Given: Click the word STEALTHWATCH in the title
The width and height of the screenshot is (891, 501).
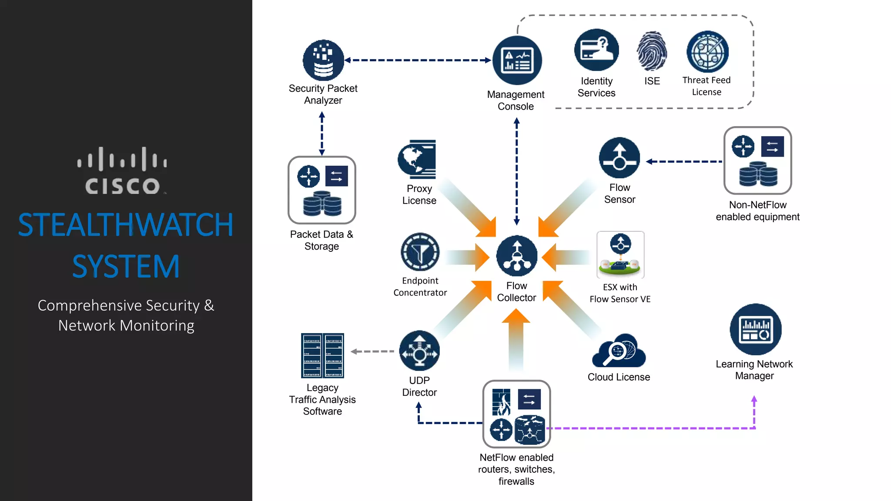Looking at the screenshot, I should [x=126, y=225].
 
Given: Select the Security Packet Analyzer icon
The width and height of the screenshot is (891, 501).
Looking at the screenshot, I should [x=323, y=60].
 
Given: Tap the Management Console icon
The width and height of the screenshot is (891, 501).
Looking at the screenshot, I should [x=517, y=60].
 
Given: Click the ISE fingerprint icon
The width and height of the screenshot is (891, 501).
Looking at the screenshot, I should [x=652, y=51].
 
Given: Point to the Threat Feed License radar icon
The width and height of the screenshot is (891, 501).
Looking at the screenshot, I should [x=707, y=51].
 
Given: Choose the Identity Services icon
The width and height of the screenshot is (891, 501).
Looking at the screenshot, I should [x=596, y=50].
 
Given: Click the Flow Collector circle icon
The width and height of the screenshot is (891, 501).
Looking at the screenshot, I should [x=517, y=256].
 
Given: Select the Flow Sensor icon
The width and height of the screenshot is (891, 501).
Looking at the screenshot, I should [x=620, y=158].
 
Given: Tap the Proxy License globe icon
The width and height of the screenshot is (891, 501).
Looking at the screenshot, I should [x=417, y=159].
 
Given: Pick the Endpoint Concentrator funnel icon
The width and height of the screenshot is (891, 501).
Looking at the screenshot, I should [x=420, y=252].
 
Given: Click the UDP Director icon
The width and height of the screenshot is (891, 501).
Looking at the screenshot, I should [x=419, y=351].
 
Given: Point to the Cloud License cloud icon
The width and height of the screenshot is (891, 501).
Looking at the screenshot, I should [x=619, y=351].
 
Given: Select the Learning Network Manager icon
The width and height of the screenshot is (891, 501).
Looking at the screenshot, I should [x=756, y=330].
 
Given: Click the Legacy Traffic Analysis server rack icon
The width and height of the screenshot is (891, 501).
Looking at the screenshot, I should [x=322, y=356].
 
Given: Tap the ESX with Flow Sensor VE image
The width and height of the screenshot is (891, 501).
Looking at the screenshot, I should [x=620, y=255].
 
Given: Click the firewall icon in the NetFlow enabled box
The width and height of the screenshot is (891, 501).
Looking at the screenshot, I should [x=501, y=402].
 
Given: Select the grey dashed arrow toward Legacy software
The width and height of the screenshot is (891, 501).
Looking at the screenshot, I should [x=372, y=351].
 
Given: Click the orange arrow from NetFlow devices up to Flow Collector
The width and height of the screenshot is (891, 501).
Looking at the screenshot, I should [x=516, y=339].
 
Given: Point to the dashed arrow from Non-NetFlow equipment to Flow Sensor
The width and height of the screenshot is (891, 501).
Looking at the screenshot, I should [x=684, y=161].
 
